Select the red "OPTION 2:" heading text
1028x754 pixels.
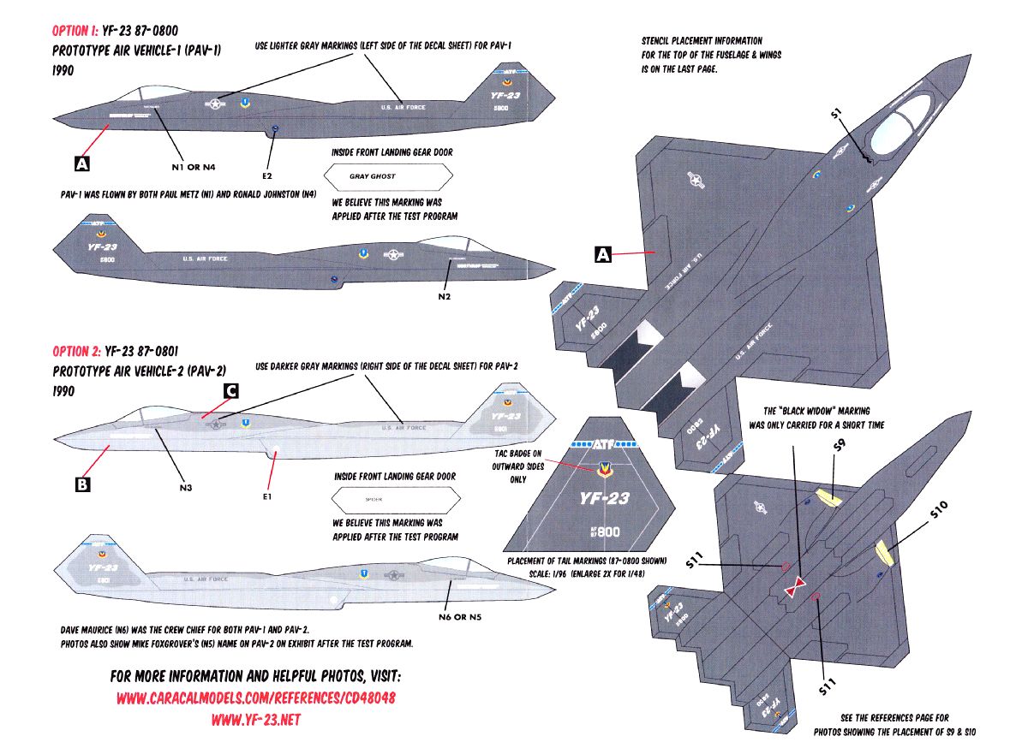click(x=75, y=351)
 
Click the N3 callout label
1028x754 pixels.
click(x=186, y=489)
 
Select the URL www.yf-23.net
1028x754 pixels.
click(x=255, y=720)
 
